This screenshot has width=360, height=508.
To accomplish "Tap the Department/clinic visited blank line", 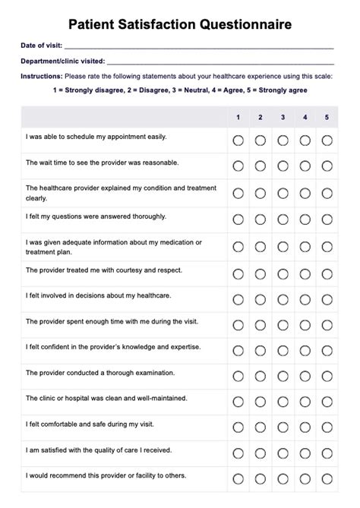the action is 220,62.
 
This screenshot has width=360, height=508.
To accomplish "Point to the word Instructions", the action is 42,76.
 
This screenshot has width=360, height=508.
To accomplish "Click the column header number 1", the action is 238,117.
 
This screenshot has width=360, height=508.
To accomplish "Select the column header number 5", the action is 327,117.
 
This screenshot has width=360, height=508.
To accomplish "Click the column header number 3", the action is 283,117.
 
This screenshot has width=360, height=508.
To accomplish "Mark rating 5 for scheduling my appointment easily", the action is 327,140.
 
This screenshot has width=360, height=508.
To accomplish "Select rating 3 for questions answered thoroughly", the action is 283,219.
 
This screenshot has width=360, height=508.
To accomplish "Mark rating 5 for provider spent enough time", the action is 327,325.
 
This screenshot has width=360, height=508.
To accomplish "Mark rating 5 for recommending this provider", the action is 327,478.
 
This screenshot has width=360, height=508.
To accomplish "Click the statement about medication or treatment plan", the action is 114,246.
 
